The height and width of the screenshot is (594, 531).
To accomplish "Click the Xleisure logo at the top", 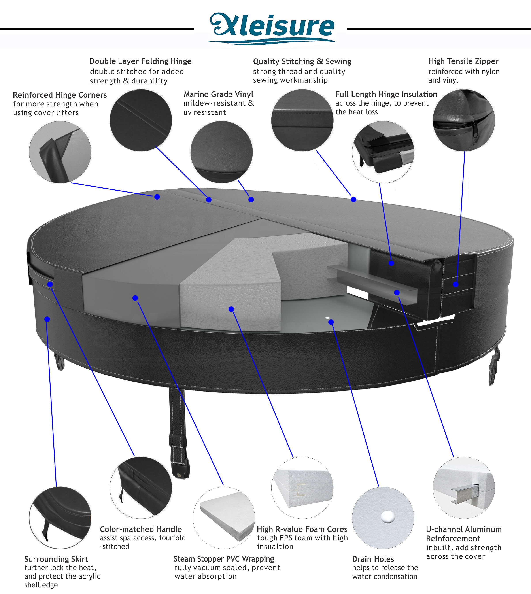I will click(272, 28).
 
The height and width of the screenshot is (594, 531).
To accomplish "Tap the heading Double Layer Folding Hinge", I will click(140, 61).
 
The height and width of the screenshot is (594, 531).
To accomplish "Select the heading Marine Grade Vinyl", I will click(218, 94).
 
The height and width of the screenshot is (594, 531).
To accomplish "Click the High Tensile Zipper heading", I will click(463, 61).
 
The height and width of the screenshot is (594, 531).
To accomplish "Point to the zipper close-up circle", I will click(464, 120).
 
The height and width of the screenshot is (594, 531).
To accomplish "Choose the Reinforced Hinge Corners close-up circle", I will click(60, 152).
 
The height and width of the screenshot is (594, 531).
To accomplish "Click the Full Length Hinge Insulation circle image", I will click(383, 152).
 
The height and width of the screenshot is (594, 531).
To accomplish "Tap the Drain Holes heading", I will click(373, 559).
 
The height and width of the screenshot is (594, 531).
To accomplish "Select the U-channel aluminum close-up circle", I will click(464, 488).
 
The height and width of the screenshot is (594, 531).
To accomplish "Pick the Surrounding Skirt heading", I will click(56, 559).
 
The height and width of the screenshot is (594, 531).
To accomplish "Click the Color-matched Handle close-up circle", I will click(141, 488).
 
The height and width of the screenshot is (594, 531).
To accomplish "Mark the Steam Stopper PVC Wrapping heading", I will click(224, 559).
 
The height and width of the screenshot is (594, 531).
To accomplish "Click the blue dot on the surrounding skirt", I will click(47, 319).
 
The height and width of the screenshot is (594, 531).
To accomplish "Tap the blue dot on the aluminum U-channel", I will click(397, 293).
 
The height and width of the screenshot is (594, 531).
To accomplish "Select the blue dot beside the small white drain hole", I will click(331, 322).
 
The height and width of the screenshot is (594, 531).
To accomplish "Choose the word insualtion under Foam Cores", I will click(275, 547).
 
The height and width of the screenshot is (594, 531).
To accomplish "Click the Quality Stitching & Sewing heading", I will click(302, 61).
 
